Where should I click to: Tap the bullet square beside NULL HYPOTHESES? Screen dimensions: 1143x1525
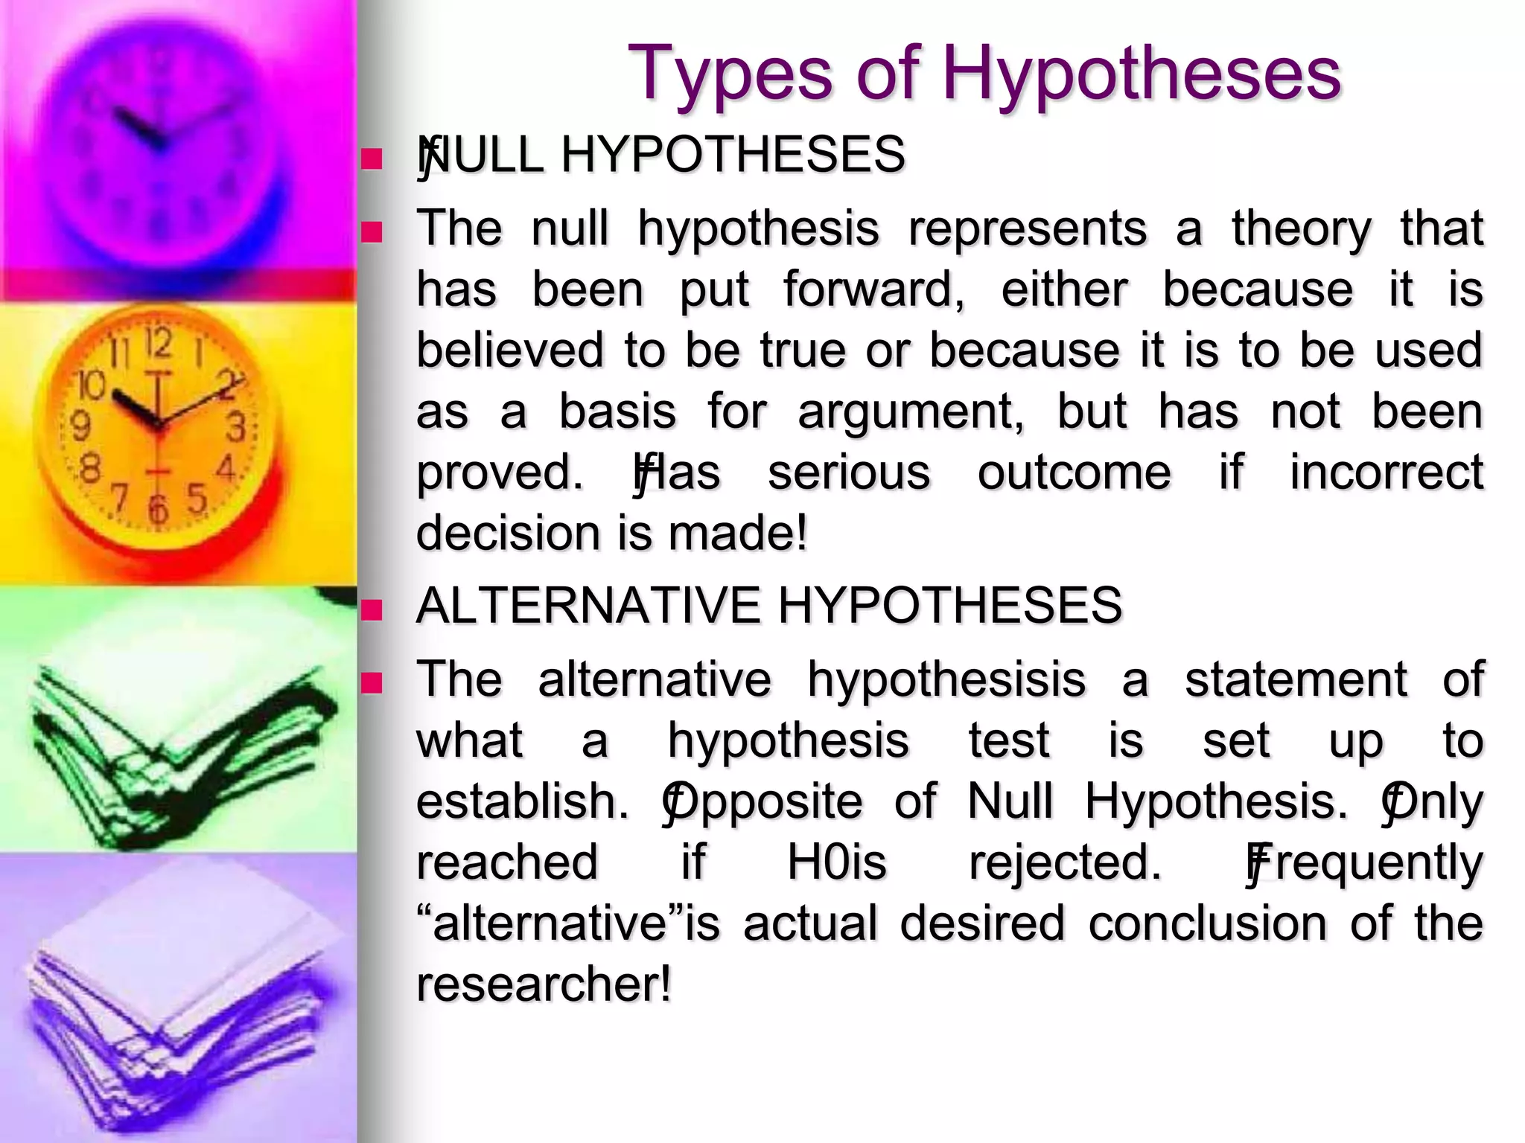point(371,159)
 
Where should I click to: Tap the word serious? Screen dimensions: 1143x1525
point(849,473)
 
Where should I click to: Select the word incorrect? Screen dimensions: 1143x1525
point(1386,473)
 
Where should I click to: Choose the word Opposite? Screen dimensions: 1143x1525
point(763,803)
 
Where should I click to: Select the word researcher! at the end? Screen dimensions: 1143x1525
point(544,984)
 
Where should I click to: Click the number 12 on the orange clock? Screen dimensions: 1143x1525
point(159,345)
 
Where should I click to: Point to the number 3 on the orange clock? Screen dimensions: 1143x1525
point(237,429)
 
